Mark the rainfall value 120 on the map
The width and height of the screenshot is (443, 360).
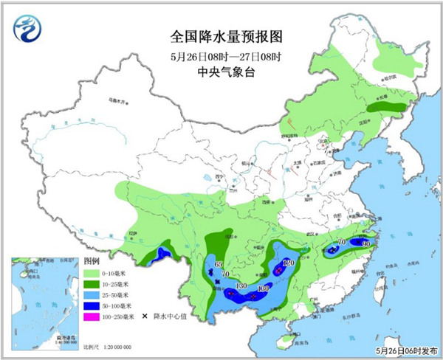tap(288, 263)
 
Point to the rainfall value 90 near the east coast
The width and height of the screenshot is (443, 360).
tap(365, 243)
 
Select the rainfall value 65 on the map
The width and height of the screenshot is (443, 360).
tap(218, 263)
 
